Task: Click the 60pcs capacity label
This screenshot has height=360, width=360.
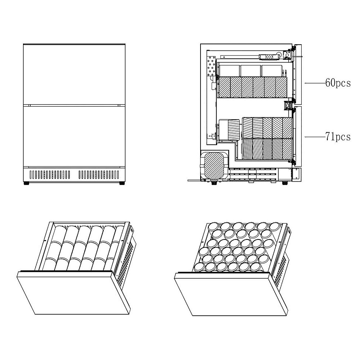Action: (x=338, y=83)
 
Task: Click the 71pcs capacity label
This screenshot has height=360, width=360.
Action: (x=338, y=137)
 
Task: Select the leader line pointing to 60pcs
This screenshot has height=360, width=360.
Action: (x=315, y=83)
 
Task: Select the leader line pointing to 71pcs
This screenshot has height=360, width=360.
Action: (x=315, y=137)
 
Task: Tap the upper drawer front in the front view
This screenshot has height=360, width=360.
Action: (x=74, y=75)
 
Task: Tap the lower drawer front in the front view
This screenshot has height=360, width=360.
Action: (x=74, y=136)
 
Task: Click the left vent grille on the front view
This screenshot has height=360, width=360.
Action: (x=50, y=175)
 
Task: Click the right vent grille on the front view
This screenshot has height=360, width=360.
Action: (x=99, y=175)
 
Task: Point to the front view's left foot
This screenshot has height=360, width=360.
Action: (x=26, y=184)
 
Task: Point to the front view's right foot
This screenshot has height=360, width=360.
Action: (x=122, y=184)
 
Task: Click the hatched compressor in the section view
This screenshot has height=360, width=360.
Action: (x=214, y=166)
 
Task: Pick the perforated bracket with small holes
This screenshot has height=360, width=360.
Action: (x=211, y=66)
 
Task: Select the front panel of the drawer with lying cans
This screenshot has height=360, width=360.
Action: (x=73, y=292)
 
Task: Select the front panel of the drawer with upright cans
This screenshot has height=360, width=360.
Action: (x=231, y=294)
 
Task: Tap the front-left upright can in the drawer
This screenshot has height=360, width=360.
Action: (x=199, y=267)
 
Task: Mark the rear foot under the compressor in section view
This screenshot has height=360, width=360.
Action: (x=214, y=183)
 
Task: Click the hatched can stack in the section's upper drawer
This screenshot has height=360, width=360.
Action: (x=253, y=87)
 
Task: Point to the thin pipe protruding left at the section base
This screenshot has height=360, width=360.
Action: (x=194, y=180)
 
